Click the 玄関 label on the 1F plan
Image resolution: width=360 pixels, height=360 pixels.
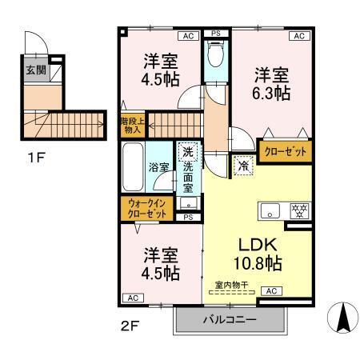pos(36,70)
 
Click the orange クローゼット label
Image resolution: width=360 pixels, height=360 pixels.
pos(286,151)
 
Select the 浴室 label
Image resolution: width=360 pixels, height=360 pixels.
pos(157,168)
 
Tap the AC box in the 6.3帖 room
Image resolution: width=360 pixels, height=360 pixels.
pos(298,36)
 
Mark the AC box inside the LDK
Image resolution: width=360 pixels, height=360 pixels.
pos(271,291)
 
